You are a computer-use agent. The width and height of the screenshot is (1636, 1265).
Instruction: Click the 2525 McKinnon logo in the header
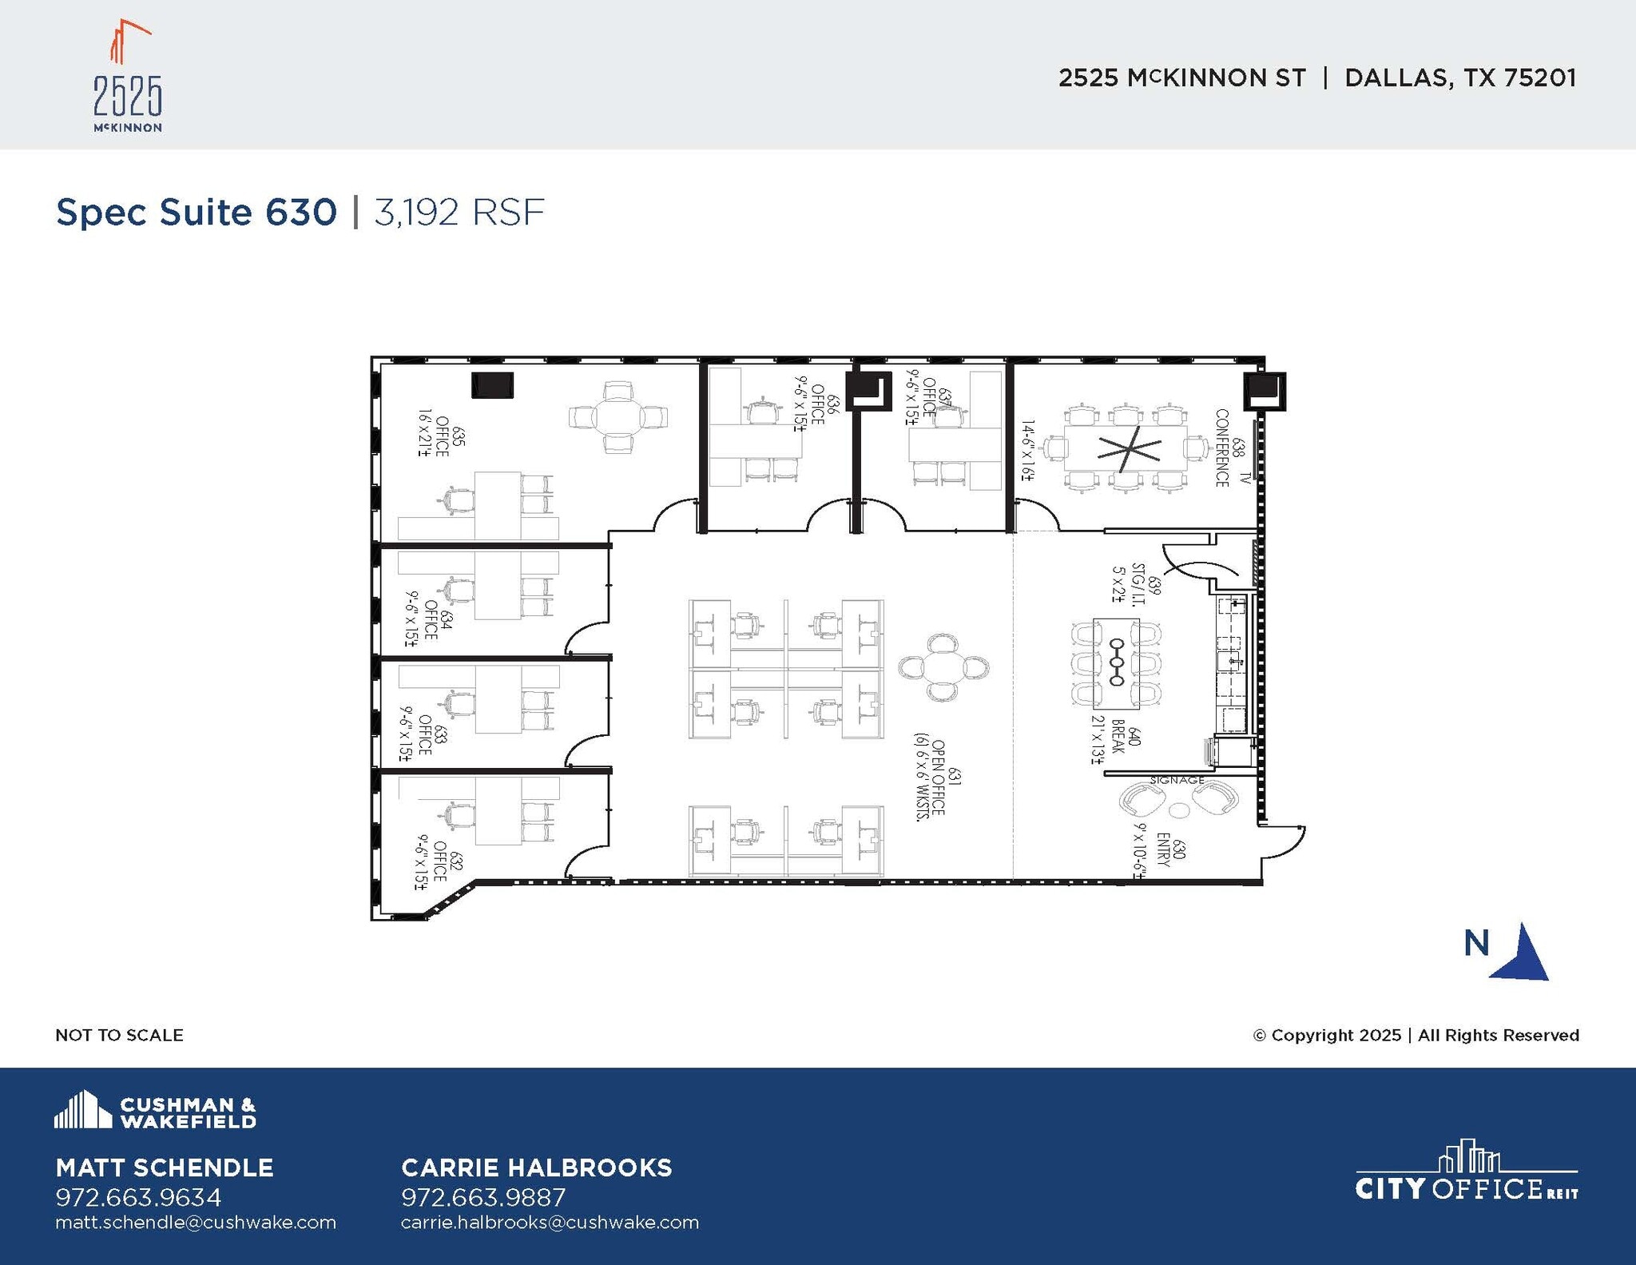[128, 78]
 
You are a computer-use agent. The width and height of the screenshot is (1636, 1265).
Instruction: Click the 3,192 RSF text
[459, 213]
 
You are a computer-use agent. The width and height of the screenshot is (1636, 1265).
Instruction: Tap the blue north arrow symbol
[1520, 953]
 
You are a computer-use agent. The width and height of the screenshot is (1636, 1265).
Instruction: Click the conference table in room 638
[1127, 450]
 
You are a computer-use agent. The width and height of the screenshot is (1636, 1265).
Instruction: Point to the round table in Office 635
[618, 417]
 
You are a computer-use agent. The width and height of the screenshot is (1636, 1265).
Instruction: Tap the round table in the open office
[943, 668]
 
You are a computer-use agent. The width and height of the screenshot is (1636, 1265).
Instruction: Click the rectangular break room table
[1116, 663]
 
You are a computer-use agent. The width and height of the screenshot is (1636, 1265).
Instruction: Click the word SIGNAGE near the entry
[1177, 780]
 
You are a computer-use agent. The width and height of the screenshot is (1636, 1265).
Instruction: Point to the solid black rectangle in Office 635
[492, 385]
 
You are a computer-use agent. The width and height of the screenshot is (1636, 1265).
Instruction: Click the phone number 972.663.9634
[138, 1197]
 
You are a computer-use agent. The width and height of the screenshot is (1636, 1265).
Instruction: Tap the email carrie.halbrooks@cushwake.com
[550, 1223]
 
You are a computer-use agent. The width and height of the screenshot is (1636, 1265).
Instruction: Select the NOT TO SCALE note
[119, 1035]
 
